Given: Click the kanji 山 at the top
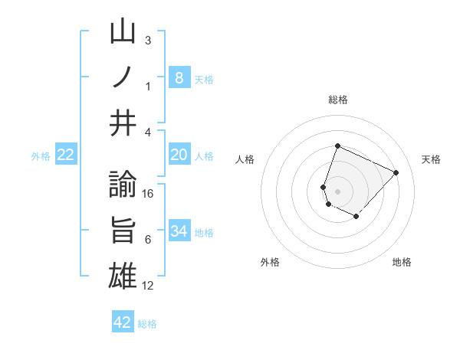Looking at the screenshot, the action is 123,34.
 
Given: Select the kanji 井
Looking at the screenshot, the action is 123,123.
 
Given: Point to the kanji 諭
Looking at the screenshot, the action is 123,186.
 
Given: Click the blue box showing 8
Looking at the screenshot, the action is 179,77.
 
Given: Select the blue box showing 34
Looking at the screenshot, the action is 179,231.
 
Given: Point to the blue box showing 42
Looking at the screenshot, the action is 123,322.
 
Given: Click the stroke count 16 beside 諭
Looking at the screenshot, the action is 148,194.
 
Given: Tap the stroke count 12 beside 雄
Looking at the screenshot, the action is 148,286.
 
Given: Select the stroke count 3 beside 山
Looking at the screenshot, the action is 148,41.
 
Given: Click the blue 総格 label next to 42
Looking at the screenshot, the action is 147,324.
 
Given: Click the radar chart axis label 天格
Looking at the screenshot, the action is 432,159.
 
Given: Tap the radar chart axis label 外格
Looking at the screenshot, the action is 269,262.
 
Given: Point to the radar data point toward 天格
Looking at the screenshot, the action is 396,172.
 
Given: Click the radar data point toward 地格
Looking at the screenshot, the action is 356,217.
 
